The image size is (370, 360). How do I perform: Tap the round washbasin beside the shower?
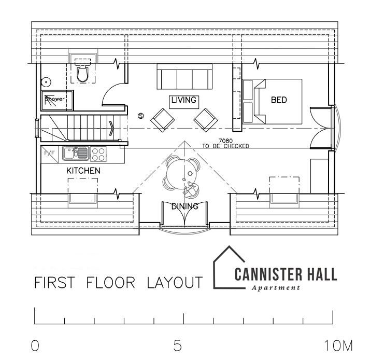pos(46,82)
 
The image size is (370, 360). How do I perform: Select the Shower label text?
pos(55,99)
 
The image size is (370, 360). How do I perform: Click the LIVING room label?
pos(184,100)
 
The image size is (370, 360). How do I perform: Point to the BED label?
pos(279,100)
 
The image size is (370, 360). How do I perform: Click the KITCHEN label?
pos(83,171)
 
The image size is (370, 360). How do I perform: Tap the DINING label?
pos(185,206)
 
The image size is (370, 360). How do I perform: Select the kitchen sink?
pos(76,154)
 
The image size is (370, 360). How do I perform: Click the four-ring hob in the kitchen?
pos(98,154)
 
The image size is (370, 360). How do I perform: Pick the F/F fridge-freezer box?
pos(50,154)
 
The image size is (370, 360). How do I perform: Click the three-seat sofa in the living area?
pos(184,76)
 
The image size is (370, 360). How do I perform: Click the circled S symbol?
pos(141,116)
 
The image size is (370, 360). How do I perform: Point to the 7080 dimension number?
pos(225,141)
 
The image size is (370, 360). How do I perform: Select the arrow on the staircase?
pos(111,129)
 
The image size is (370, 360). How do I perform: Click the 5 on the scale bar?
pos(177,345)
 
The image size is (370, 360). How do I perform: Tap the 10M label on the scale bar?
pos(339,346)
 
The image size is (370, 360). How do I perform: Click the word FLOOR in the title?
pos(111,282)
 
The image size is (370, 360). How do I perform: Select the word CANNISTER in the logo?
pos(268,274)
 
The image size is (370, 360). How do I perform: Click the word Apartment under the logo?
pos(276,288)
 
